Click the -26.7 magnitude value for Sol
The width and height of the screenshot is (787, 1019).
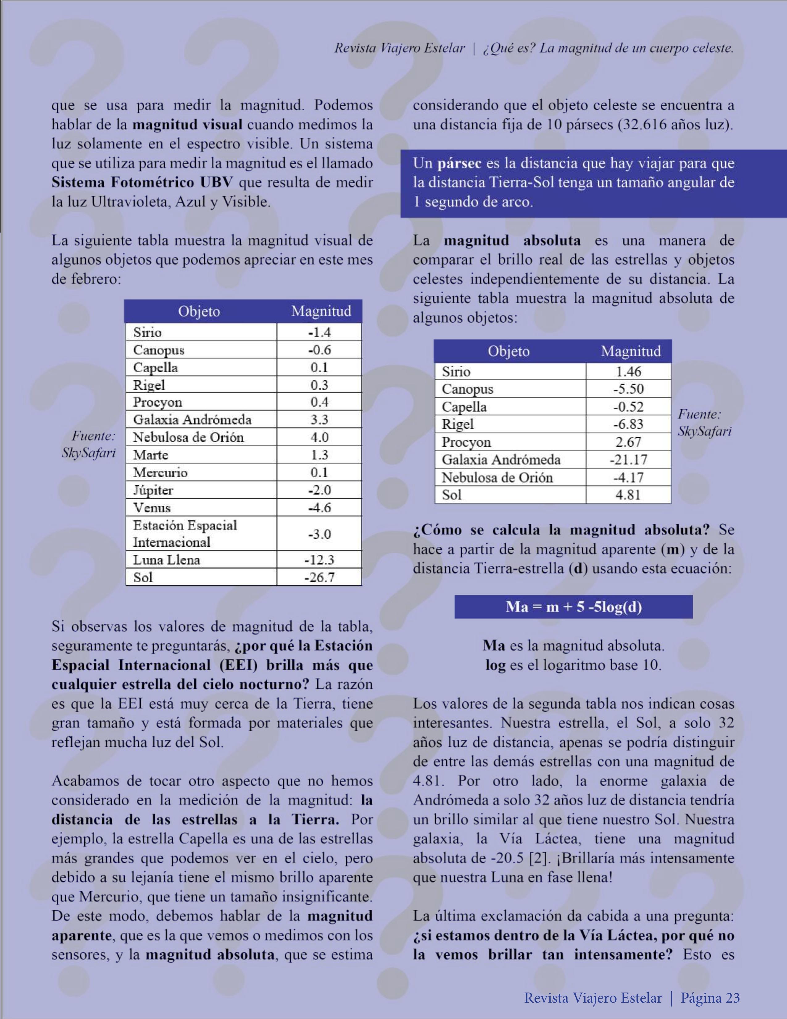319,578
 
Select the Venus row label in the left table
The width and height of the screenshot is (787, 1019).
152,507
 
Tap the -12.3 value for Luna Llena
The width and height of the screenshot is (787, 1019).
319,560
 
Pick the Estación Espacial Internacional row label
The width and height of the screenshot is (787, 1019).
185,534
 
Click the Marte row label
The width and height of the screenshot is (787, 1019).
151,455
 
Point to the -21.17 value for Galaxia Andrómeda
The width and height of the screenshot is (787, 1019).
628,460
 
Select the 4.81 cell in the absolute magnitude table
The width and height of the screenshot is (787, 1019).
628,495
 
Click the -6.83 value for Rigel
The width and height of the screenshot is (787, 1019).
628,424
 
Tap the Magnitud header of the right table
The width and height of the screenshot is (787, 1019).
631,351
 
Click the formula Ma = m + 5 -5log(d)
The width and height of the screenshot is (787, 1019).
573,607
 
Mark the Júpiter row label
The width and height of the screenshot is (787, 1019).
153,491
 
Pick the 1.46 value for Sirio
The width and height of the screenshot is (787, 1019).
628,372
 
